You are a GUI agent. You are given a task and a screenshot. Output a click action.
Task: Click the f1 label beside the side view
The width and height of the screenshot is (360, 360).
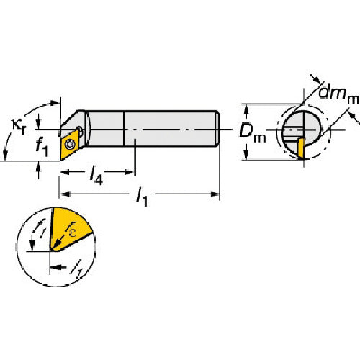[x=42, y=147]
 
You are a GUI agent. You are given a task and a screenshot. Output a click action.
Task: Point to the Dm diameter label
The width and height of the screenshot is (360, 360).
[x=253, y=135]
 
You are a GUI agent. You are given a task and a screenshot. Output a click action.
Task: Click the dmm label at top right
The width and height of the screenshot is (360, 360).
[x=339, y=94]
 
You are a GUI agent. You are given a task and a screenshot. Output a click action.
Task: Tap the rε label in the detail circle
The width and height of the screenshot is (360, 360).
[x=71, y=230]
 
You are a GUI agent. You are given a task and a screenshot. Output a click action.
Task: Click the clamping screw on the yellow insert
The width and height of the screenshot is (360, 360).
[x=70, y=144]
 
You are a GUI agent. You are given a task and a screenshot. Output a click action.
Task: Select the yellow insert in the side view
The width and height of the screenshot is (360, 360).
[x=70, y=143]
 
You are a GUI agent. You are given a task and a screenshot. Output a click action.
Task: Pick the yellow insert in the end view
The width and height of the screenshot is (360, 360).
[x=301, y=148]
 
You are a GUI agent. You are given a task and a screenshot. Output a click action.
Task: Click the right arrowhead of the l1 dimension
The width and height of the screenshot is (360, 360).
[x=215, y=194]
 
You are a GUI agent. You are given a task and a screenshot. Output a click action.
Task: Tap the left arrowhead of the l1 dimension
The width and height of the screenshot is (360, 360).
[x=65, y=194]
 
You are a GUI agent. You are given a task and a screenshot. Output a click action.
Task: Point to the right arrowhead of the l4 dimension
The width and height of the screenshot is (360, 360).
[x=129, y=172]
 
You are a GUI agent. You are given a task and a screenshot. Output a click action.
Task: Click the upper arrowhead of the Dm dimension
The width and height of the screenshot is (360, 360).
[x=246, y=109]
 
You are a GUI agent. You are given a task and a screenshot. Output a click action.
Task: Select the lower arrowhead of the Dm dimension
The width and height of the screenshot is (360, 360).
[x=246, y=154]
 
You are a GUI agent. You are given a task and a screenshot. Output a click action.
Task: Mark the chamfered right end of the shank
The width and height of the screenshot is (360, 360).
[x=217, y=128]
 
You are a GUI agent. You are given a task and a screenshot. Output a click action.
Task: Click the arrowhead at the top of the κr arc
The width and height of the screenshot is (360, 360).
[x=55, y=103]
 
